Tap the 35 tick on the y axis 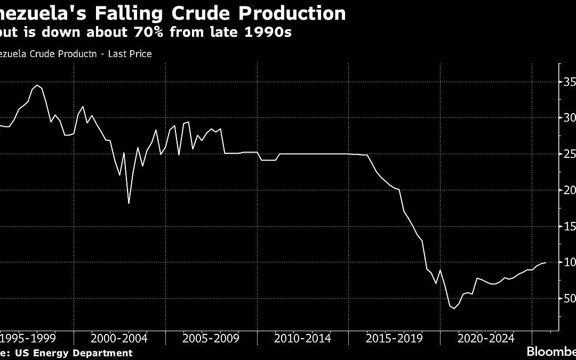click(x=569, y=82)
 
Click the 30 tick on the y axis click(x=569, y=118)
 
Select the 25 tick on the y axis click(x=569, y=154)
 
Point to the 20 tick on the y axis click(x=569, y=190)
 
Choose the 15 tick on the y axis click(x=569, y=226)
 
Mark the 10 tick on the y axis click(x=569, y=262)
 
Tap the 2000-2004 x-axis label click(x=119, y=338)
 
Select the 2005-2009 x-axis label click(x=211, y=338)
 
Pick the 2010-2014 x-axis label click(x=302, y=338)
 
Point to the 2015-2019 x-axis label click(x=394, y=338)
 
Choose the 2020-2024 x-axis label click(x=486, y=338)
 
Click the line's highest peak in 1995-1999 click(x=37, y=85)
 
